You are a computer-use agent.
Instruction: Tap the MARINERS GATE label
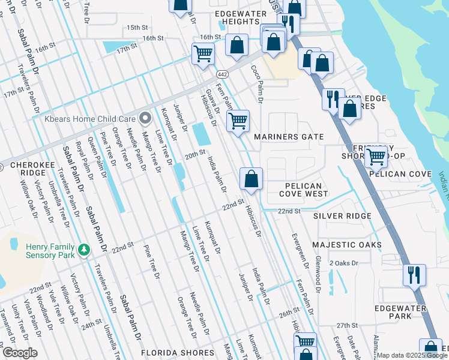coord(289,137)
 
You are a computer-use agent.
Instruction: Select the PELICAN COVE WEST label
coord(304,190)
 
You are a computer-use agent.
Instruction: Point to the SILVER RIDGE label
coord(342,215)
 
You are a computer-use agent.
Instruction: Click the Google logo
coord(20,353)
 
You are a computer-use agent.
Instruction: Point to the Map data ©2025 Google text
coord(412,355)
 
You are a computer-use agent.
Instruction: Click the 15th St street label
coord(137,28)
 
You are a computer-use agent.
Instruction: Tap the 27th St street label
coord(346,325)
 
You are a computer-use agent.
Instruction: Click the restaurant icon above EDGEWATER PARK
coord(414,275)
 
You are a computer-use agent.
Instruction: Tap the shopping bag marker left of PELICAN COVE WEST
coord(251,178)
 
